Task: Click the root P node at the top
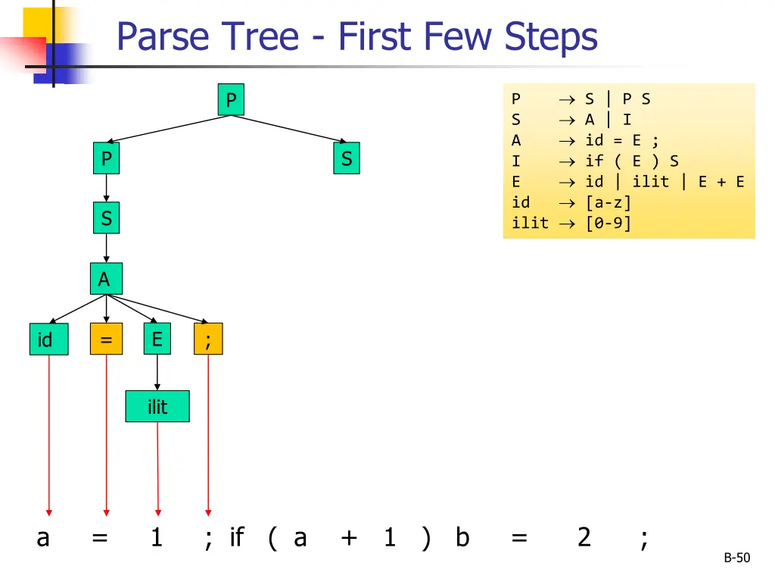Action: click(x=231, y=100)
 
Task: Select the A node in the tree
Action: click(x=105, y=279)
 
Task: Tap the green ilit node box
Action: click(x=157, y=406)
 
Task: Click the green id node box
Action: click(x=45, y=340)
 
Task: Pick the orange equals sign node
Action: click(x=106, y=340)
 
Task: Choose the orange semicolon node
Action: click(x=208, y=340)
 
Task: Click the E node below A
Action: click(x=157, y=339)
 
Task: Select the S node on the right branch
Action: click(x=347, y=159)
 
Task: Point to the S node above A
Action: click(x=106, y=218)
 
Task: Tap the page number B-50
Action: click(x=736, y=559)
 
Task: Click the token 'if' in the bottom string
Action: click(x=236, y=537)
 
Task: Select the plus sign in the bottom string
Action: click(x=349, y=537)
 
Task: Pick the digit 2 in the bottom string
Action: click(x=584, y=537)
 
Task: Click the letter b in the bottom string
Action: click(x=462, y=537)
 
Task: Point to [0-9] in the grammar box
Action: click(x=608, y=223)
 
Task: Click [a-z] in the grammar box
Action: click(x=608, y=202)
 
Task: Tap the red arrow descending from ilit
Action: click(x=157, y=470)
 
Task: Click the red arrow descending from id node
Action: click(x=49, y=436)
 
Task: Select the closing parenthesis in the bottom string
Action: click(x=425, y=537)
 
